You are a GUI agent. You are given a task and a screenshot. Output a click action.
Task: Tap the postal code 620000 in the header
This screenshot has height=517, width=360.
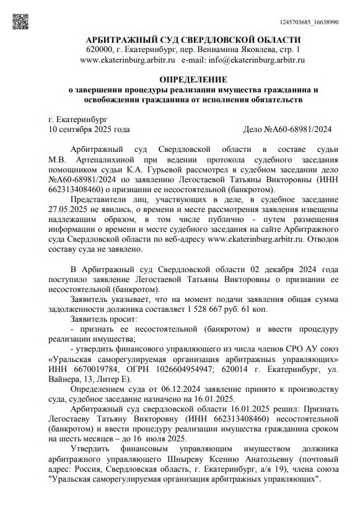pyautogui.click(x=99, y=50)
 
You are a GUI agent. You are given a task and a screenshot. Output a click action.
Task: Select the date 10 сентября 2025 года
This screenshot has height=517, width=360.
pyautogui.click(x=89, y=130)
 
